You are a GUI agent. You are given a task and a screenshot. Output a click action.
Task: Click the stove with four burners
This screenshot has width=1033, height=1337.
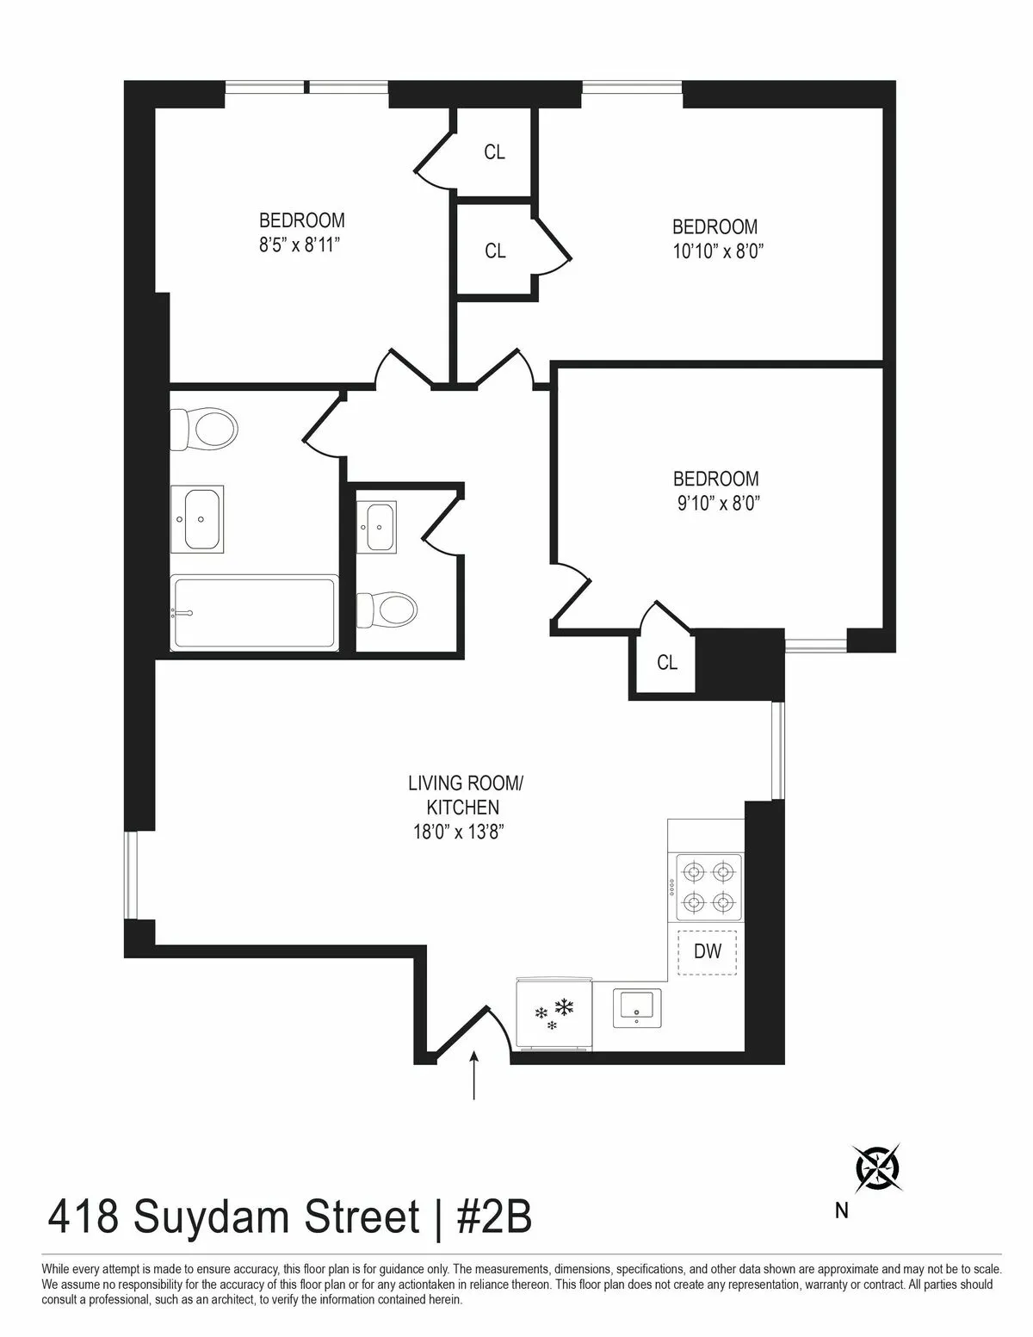coord(708,888)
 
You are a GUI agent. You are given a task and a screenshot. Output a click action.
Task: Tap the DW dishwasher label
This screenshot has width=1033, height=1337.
coord(708,951)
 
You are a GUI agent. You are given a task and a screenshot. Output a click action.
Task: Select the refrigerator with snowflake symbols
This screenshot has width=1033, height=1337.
coord(554,1013)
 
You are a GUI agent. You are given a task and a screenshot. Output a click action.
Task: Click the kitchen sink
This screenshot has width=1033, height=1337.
coord(638,1008)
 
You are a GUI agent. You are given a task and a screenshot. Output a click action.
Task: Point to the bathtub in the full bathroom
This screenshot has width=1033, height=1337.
coord(254,613)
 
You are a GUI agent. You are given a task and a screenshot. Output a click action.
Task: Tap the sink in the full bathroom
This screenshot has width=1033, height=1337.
coord(197,518)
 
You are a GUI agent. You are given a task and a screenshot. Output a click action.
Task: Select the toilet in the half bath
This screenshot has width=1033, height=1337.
coord(387,609)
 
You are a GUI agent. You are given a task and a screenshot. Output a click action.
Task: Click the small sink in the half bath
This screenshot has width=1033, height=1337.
coord(378,526)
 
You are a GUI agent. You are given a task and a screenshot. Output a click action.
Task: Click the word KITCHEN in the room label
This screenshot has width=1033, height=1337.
coord(464,808)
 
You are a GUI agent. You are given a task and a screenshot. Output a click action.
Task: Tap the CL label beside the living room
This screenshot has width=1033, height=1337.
coord(667,662)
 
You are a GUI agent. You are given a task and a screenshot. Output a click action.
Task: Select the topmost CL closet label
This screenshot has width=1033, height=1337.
coord(494,152)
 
